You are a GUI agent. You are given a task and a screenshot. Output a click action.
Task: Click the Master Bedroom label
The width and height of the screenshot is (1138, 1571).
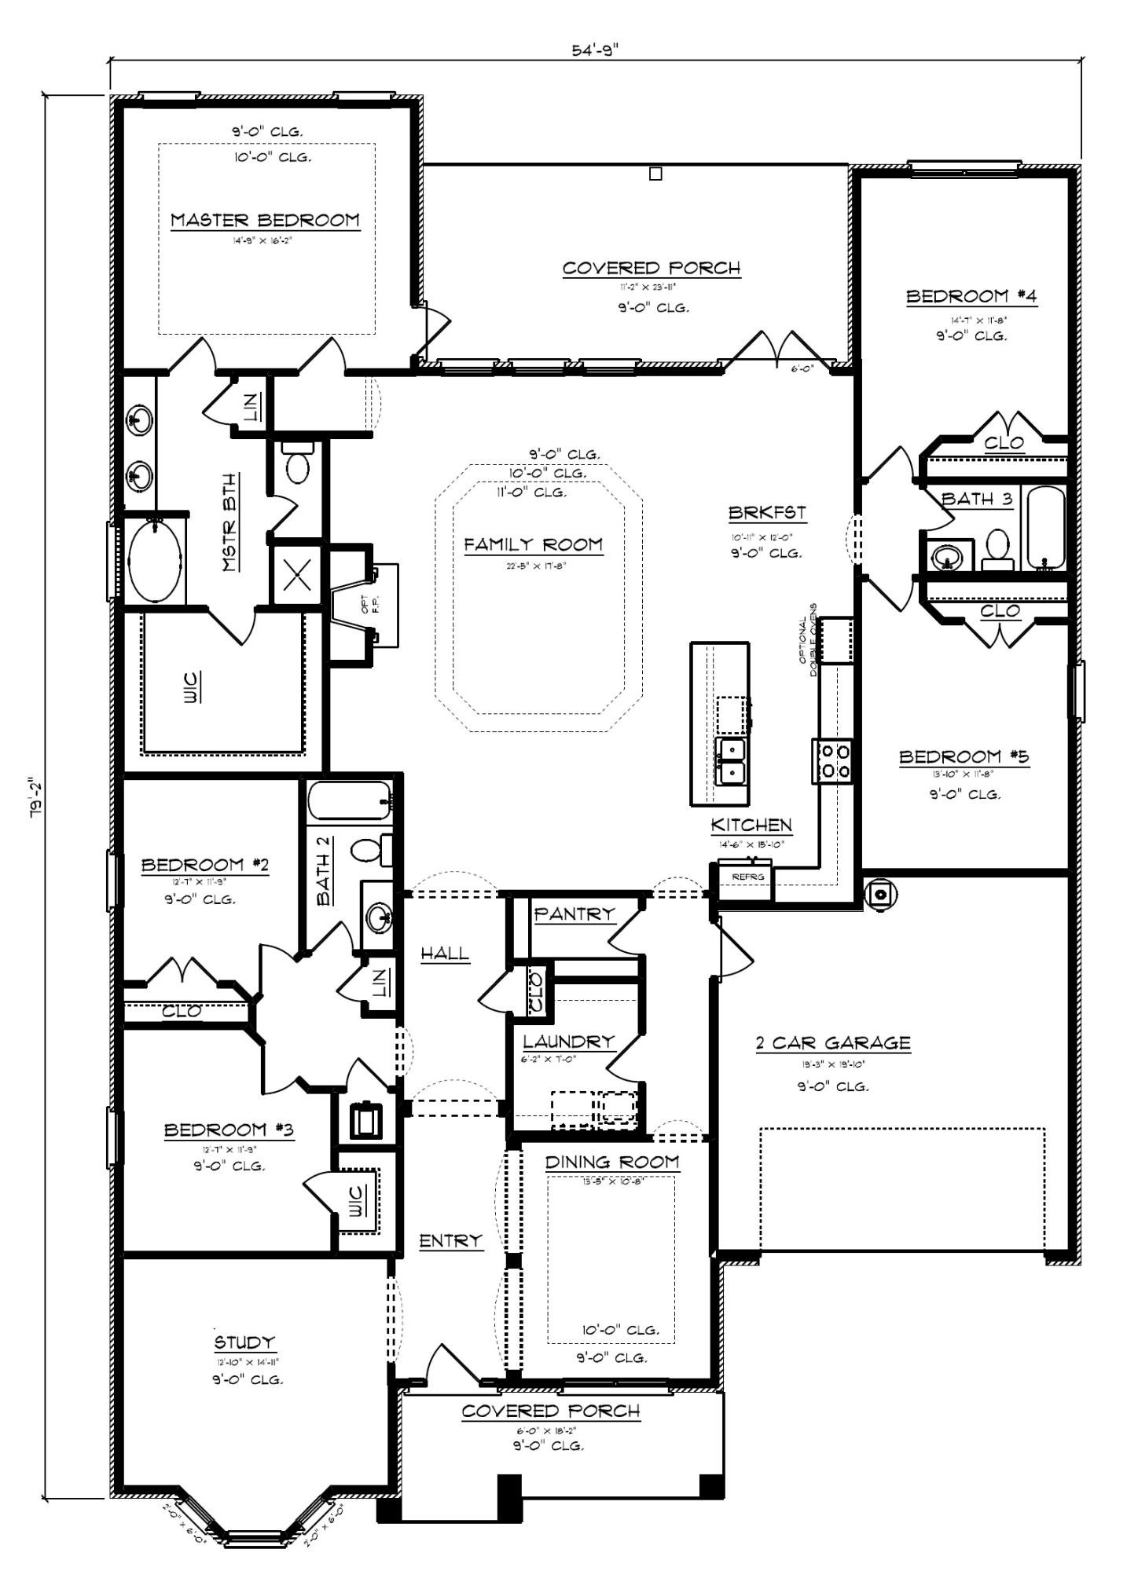point(265,220)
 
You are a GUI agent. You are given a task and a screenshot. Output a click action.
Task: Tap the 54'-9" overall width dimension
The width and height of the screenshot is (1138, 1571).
point(595,50)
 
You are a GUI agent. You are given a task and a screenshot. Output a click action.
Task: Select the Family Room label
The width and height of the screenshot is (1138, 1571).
point(533,544)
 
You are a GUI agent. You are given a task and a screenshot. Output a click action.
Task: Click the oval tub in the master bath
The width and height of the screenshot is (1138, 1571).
point(156,561)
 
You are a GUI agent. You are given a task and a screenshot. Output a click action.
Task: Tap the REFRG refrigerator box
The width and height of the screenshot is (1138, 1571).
point(743,876)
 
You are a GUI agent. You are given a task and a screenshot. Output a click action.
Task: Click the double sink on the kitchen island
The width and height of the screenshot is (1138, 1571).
point(730,761)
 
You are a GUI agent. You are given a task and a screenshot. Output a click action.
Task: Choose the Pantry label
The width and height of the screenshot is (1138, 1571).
point(574,914)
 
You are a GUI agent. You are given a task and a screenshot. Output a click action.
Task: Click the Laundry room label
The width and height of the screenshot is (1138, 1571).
point(568,1042)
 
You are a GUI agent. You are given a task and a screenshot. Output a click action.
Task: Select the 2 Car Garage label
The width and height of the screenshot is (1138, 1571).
point(833,1043)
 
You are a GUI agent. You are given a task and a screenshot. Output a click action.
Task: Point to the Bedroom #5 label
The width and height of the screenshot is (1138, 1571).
point(964,757)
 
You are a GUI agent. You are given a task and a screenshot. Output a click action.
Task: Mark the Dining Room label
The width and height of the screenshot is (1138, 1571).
point(612,1162)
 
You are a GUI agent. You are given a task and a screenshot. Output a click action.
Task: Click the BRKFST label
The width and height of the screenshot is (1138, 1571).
point(766,513)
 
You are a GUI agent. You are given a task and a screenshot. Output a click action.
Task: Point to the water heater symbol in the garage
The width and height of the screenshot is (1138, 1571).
point(880,893)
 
